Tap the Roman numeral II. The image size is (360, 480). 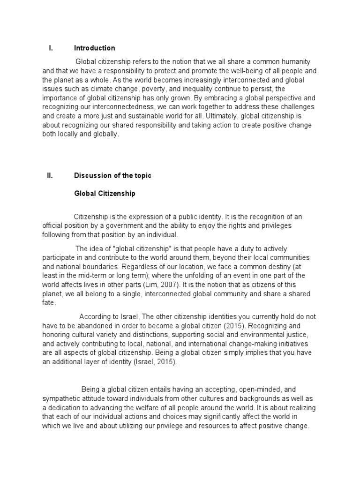[51, 176]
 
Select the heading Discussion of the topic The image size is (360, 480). [112, 176]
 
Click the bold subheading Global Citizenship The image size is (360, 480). [105, 193]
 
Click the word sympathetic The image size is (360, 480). [62, 398]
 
